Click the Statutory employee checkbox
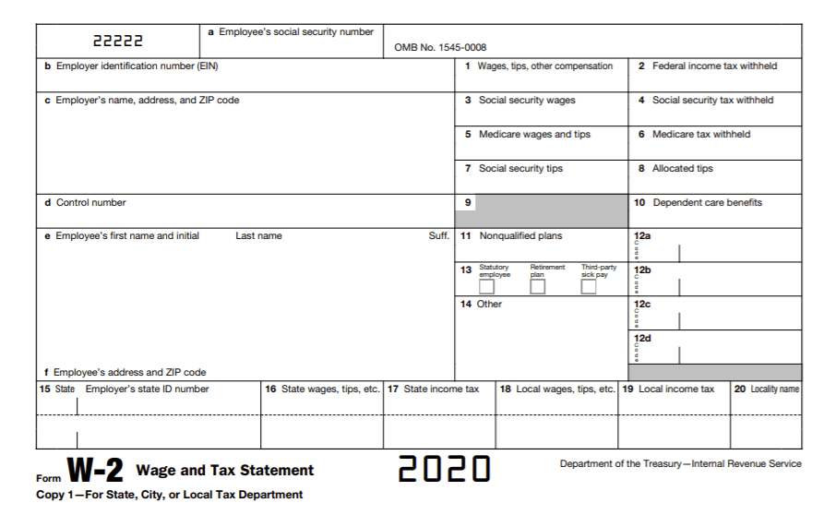(486, 287)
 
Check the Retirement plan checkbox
(537, 287)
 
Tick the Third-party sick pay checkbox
(588, 287)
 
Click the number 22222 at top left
(117, 42)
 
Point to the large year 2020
(443, 469)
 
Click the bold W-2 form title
(94, 471)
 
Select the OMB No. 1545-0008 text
(440, 48)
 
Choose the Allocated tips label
(682, 169)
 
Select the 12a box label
(642, 236)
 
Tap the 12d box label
(642, 339)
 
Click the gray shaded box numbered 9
(541, 211)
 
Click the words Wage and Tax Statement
(225, 471)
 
